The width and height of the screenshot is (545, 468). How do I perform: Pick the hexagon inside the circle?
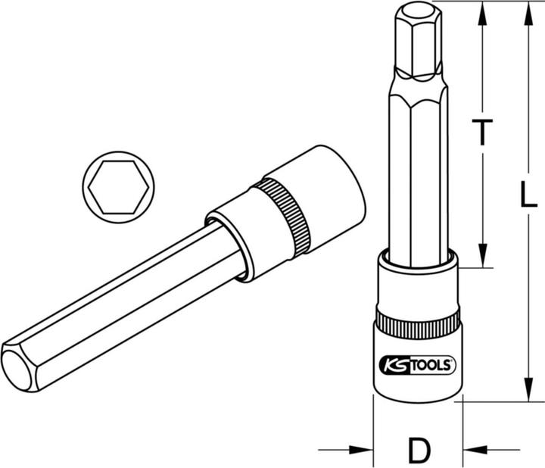click(x=118, y=185)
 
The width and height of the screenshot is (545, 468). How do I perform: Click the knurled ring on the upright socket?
click(x=416, y=326)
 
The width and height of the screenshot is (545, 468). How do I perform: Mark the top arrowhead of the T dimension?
click(x=480, y=11)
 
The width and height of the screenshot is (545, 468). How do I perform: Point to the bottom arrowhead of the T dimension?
click(x=480, y=257)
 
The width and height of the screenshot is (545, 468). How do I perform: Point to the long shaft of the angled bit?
click(x=129, y=303)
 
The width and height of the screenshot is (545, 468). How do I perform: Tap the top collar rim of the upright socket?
click(x=416, y=262)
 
